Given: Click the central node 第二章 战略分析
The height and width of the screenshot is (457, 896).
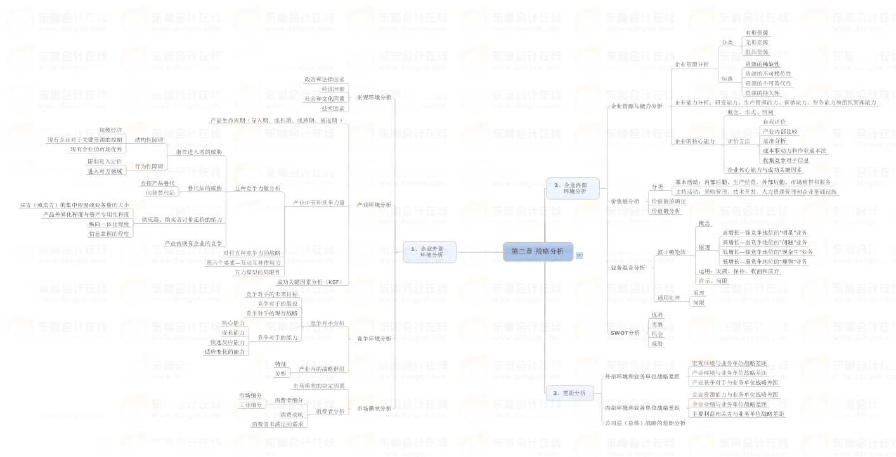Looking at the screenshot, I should pos(537,251).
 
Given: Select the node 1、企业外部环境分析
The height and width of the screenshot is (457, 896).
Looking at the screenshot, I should pos(430,252).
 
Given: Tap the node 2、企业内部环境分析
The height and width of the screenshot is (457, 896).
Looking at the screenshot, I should pos(573,188).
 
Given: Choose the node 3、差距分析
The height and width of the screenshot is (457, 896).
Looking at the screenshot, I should pos(569,393).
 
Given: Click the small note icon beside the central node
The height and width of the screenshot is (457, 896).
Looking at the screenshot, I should pos(579,255).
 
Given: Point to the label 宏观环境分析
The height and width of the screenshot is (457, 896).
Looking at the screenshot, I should pos(374,98).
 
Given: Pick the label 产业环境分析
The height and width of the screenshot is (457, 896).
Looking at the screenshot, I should pos(374,205).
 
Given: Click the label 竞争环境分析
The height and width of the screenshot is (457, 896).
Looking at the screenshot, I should pos(374,338).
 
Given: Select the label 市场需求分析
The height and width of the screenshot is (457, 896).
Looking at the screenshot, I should pos(374,408).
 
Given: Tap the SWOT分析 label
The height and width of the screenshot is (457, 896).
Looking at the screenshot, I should pos(625,332).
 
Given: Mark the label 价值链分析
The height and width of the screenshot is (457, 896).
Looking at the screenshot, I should pos(625,201).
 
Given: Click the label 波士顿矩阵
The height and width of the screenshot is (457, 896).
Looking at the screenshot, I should pos(671,252).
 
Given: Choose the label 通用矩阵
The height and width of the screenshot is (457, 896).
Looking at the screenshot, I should pos(668,298).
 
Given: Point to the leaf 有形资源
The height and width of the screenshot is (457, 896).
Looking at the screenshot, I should pos(756,32).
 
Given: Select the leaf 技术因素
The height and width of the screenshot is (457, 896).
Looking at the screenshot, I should pos(332,108).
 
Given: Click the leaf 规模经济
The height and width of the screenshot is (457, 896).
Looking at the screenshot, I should pos(110,130).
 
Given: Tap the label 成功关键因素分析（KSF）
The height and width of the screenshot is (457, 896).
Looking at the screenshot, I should pos(309,281).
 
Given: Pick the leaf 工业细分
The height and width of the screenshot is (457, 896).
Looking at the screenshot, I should pos(250,405).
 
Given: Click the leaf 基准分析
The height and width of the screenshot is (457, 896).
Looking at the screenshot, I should pos(774,141).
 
